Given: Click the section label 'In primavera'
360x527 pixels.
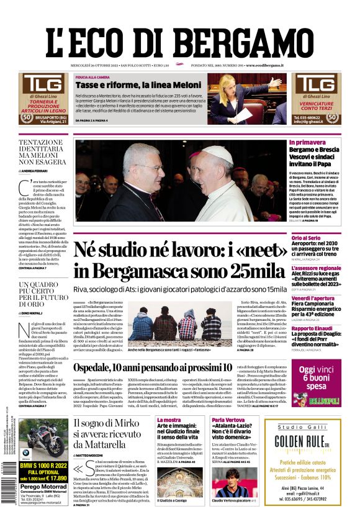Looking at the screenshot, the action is coord(307,142).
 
